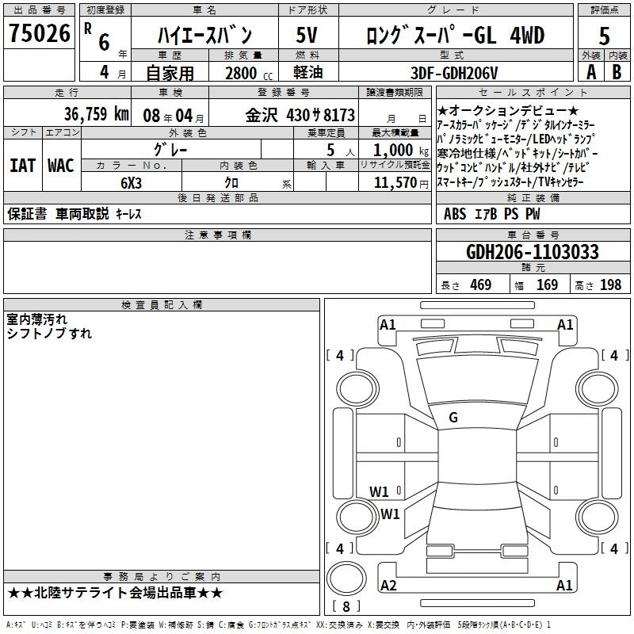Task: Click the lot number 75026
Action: (x=40, y=33)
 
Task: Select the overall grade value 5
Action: (x=604, y=36)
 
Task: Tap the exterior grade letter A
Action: (x=591, y=72)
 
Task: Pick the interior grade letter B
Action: (x=617, y=72)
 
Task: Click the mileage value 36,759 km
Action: (x=96, y=114)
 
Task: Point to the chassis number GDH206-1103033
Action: (x=533, y=252)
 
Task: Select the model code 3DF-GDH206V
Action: (x=454, y=73)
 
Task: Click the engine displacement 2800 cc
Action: (x=249, y=73)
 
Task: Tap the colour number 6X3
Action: (x=131, y=183)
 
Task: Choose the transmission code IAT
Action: (x=23, y=166)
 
